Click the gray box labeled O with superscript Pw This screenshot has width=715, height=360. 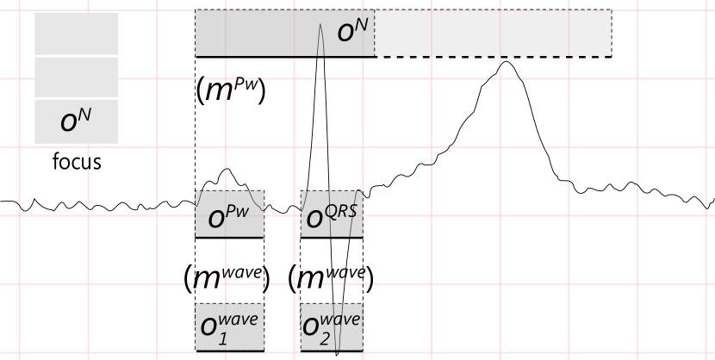click(229, 214)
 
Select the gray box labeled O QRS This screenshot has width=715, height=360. click(332, 214)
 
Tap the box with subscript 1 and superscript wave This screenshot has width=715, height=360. click(229, 327)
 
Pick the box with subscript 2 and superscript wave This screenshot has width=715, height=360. click(332, 327)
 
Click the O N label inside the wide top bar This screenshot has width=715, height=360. click(351, 32)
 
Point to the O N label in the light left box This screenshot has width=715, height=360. click(75, 121)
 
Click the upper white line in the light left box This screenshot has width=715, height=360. click(78, 56)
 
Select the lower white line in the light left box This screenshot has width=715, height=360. click(78, 98)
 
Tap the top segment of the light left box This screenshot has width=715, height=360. click(76, 34)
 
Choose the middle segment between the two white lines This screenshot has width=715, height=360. click(76, 78)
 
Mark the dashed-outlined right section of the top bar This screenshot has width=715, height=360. click(493, 34)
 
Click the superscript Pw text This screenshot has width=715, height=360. click(243, 208)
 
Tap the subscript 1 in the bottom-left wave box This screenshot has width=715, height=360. click(222, 338)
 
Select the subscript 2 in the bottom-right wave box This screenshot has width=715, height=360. click(326, 338)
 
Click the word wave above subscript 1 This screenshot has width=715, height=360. click(240, 320)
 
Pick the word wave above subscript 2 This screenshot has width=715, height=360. click(342, 320)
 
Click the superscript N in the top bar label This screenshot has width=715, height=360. click(361, 25)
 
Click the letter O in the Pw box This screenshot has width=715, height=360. click(216, 220)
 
